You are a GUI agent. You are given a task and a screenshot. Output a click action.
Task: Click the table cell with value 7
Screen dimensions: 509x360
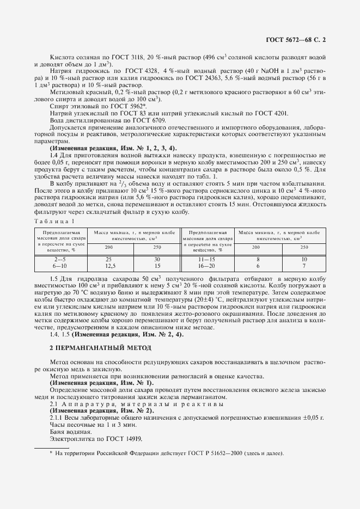tap(304, 266)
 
